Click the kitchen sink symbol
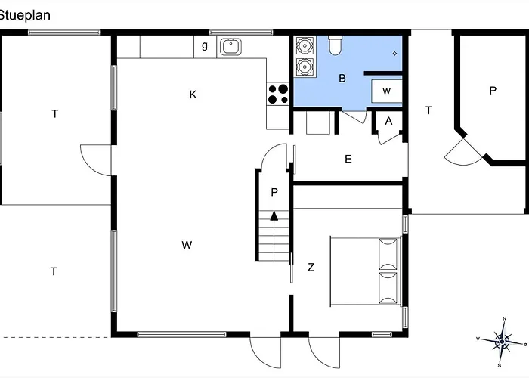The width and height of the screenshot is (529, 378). click(x=230, y=47)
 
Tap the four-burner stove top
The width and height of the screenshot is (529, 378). click(x=278, y=94)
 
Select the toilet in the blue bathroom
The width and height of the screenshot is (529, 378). click(x=335, y=45)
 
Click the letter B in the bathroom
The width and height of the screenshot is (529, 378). click(x=342, y=79)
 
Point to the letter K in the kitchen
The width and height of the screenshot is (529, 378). click(x=193, y=94)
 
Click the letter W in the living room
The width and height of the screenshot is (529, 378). click(x=187, y=245)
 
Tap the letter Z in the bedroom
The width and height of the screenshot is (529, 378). click(x=311, y=268)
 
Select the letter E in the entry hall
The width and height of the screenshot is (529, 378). click(x=348, y=159)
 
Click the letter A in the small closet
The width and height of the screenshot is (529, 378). click(x=388, y=121)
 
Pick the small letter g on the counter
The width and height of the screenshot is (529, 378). click(x=205, y=45)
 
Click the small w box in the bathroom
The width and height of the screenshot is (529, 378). click(x=387, y=91)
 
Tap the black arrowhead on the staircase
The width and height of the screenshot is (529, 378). click(x=274, y=215)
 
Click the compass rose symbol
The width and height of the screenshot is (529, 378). click(x=503, y=342)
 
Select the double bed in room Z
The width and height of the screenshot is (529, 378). click(x=365, y=271)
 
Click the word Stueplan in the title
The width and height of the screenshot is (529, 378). click(x=24, y=15)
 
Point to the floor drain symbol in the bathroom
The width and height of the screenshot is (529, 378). click(x=394, y=54)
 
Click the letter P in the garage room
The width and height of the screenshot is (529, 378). click(x=493, y=91)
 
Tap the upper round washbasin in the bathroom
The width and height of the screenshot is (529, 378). click(x=305, y=45)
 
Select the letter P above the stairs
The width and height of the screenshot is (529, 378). click(x=274, y=192)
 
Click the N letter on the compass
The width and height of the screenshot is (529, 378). click(x=505, y=318)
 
